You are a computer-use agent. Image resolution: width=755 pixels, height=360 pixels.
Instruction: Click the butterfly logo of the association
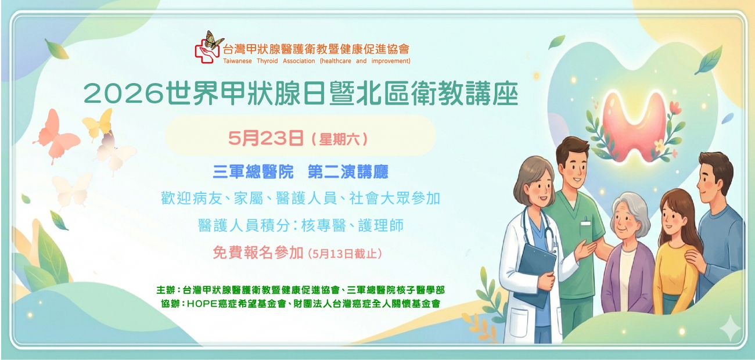tap(207, 46)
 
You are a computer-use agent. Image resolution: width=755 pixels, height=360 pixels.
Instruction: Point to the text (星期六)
tap(340, 139)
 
